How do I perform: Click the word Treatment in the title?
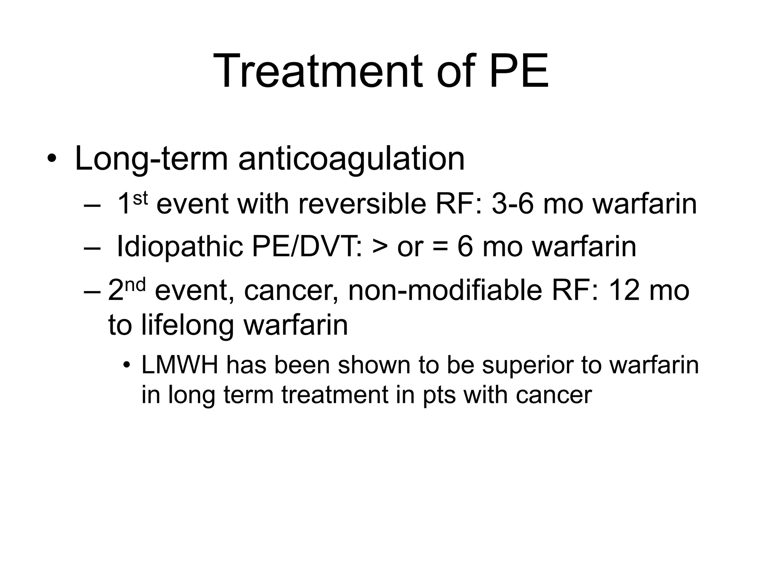(x=318, y=71)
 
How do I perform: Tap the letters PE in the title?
(x=519, y=71)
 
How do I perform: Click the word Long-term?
(x=151, y=159)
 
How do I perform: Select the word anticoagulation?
(x=351, y=159)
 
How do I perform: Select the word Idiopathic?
(x=180, y=247)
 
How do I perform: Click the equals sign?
(x=441, y=247)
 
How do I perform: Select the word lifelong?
(x=189, y=324)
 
